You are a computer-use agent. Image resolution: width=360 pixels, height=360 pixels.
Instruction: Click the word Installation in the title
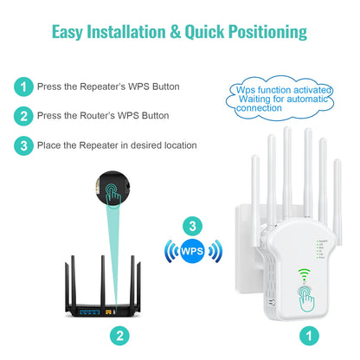tap(127, 33)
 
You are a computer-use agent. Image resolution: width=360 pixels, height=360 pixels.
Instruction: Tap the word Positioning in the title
tap(260, 33)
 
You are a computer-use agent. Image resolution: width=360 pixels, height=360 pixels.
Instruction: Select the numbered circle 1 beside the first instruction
tap(24, 87)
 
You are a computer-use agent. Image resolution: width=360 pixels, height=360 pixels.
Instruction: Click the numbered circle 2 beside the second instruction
tap(24, 116)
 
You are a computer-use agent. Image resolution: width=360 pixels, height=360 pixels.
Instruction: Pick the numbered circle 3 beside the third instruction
tap(24, 145)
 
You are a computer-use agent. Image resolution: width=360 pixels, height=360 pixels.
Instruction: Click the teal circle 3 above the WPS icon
tap(192, 227)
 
